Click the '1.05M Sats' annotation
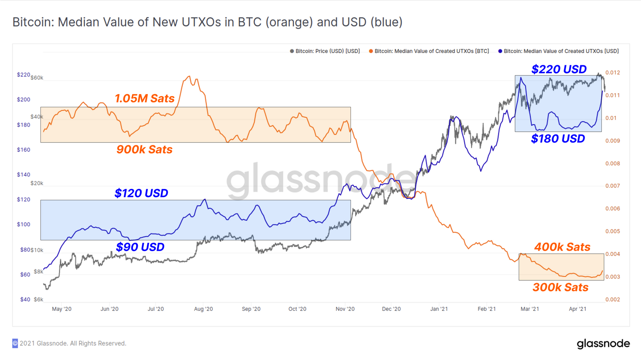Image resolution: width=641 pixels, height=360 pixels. pos(145,99)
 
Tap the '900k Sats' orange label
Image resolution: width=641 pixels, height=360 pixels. pos(144,149)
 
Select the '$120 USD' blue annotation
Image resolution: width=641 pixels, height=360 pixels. pos(141,193)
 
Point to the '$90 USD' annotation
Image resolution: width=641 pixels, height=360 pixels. pos(140,247)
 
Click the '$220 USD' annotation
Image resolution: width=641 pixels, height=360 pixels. pos(559,69)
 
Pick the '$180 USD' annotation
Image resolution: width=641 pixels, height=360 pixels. pos(558,139)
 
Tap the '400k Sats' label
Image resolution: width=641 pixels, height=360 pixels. pos(562,247)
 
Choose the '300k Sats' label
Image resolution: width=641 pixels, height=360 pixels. pos(560,288)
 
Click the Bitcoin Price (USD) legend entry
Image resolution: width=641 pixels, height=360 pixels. pos(325,51)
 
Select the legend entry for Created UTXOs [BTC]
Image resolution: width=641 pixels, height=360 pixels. pos(429,51)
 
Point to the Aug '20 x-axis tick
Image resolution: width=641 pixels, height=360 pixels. pos(204,309)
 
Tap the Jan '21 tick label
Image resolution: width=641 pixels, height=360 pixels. pos(439,309)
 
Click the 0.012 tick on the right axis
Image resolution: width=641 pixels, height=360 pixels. pos(613,72)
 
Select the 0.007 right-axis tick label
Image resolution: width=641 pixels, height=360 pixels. pos(613,186)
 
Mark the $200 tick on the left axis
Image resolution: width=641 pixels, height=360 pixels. pos(24,100)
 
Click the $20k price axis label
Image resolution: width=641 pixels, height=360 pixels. pos(37,183)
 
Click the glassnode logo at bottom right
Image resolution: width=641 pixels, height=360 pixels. pos(603,344)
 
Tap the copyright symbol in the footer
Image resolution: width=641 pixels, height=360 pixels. pos(15,343)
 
